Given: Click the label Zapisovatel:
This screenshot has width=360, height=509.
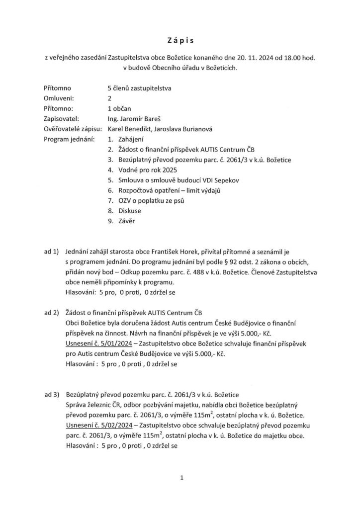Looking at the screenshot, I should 62,119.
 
